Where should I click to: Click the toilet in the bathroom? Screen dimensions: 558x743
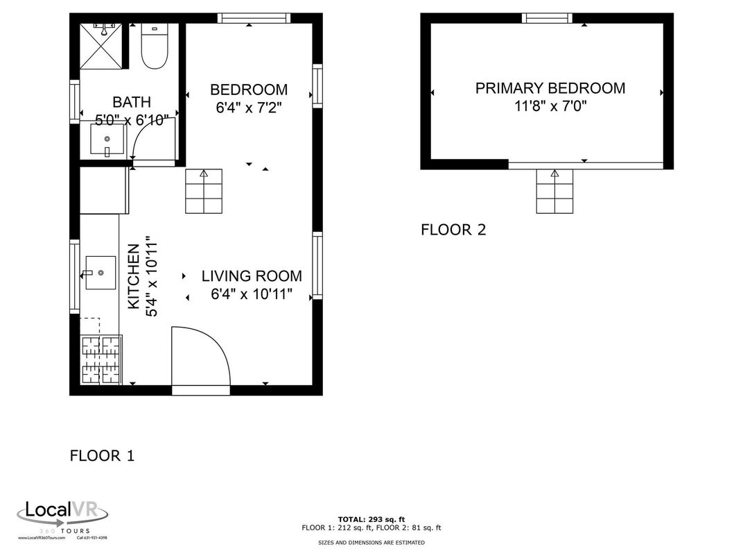(154, 47)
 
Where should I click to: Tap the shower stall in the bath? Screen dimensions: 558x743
(103, 46)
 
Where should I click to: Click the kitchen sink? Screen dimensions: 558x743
(100, 272)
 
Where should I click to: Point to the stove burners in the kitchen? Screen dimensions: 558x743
(102, 360)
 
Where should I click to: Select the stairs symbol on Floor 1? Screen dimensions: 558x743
(204, 192)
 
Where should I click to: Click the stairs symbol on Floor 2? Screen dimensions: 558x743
(554, 192)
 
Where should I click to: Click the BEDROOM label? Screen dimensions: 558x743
(249, 90)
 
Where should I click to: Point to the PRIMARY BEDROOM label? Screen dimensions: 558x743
(550, 88)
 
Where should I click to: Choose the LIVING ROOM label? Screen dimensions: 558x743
(252, 276)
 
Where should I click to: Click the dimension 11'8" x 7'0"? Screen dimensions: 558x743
(550, 106)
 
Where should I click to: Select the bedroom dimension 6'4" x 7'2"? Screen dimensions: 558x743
(249, 108)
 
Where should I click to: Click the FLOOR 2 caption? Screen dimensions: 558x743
(453, 230)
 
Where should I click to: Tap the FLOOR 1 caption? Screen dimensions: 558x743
(102, 456)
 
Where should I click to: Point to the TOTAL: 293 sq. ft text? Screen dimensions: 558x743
(371, 518)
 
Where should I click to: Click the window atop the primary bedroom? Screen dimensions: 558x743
(548, 18)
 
